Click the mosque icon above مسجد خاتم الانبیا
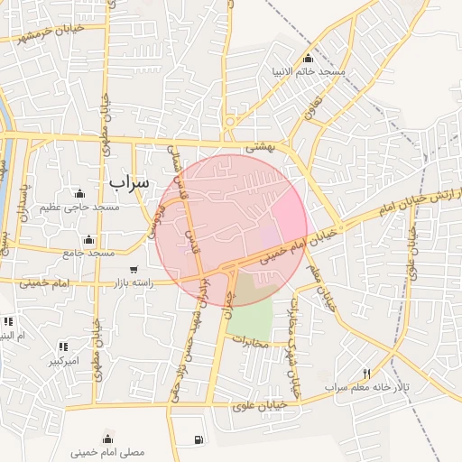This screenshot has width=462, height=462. (x=309, y=59)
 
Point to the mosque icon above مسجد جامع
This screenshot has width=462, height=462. (x=88, y=240)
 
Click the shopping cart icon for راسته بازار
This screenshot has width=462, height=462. (x=134, y=270)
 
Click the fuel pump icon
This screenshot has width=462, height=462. (x=198, y=440)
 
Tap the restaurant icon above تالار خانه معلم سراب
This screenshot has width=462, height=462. (x=365, y=374)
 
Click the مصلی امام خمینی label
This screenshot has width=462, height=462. (x=109, y=450)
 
